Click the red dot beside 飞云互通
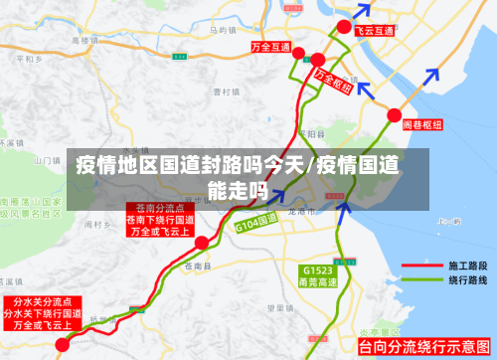pyautogui.click(x=343, y=26)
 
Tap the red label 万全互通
pyautogui.click(x=270, y=48)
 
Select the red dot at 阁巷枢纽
pyautogui.click(x=394, y=114)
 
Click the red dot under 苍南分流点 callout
pyautogui.click(x=202, y=242)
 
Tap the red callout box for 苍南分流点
pyautogui.click(x=160, y=220)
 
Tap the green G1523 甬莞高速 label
pyautogui.click(x=318, y=275)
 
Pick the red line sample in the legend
pyautogui.click(x=422, y=267)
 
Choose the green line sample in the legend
pyautogui.click(x=422, y=281)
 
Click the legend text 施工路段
pyautogui.click(x=467, y=267)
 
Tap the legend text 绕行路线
pyautogui.click(x=467, y=281)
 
